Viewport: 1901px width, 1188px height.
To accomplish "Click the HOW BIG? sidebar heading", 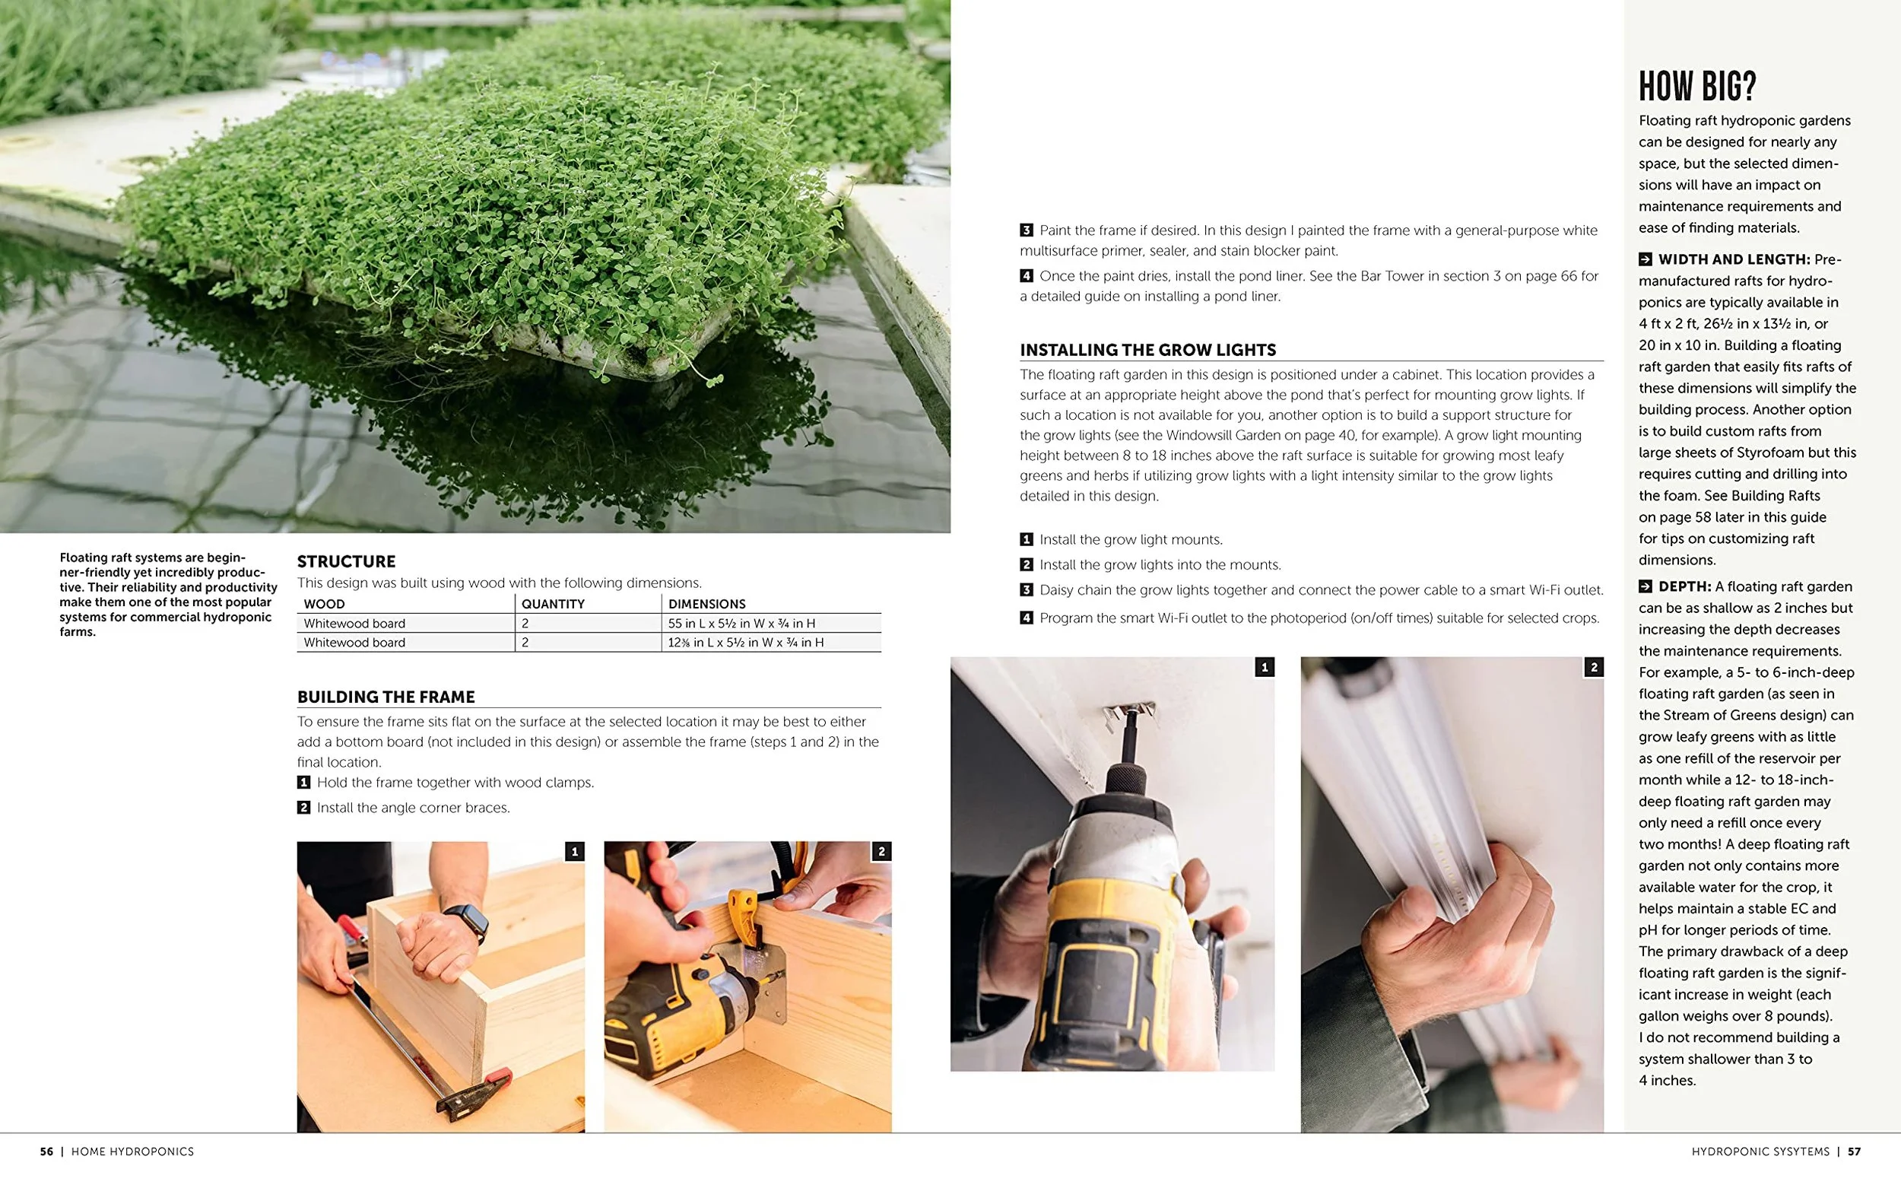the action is click(x=1696, y=87).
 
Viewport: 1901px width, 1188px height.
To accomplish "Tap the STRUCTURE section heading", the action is click(x=347, y=561).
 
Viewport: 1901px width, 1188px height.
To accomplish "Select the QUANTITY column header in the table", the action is click(x=553, y=603).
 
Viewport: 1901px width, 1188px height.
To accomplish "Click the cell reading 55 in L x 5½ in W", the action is click(x=741, y=623).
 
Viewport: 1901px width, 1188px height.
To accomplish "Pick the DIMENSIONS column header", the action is click(x=707, y=603).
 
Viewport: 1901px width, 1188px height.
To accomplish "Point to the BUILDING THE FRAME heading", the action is click(x=386, y=697).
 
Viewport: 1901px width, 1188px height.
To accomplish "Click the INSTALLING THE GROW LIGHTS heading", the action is click(x=1147, y=350).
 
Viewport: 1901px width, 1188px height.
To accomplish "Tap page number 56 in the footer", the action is click(x=46, y=1151).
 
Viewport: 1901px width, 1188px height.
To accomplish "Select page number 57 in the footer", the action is click(x=1854, y=1151).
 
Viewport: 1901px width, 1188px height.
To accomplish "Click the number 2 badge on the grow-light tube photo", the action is click(x=1594, y=667).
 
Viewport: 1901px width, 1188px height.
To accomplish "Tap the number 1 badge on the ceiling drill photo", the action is click(x=1264, y=667).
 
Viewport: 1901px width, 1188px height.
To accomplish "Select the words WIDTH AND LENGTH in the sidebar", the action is click(x=1734, y=259).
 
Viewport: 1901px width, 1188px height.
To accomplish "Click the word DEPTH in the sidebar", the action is click(x=1685, y=586).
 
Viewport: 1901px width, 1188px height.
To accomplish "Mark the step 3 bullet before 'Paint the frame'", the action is click(x=1026, y=230).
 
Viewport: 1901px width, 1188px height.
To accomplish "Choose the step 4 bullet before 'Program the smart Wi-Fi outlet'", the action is click(x=1026, y=618).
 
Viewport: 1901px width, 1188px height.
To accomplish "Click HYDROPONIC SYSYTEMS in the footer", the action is click(x=1760, y=1151).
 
